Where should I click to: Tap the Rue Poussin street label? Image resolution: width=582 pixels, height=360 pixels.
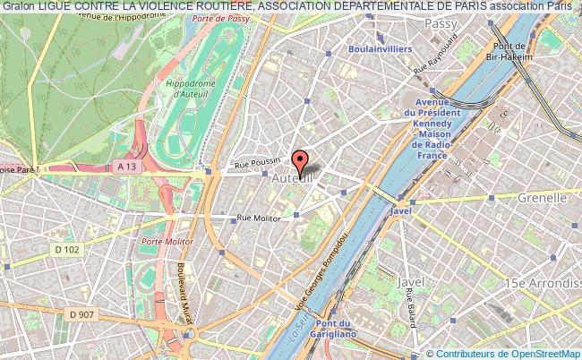(257, 164)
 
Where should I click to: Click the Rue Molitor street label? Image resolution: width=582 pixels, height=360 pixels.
(258, 217)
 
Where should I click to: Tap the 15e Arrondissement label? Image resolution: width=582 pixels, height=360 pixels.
(542, 283)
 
